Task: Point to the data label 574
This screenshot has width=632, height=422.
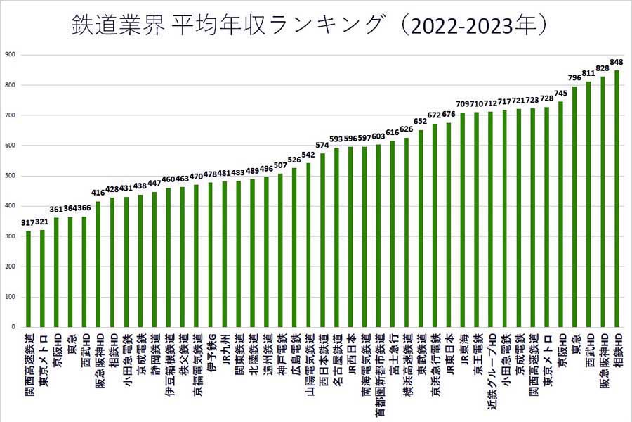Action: (x=322, y=146)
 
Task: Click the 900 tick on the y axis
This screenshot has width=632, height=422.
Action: (x=10, y=55)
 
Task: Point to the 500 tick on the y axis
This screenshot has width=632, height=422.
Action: (x=10, y=176)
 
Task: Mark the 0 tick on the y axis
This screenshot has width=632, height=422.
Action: (x=13, y=327)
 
